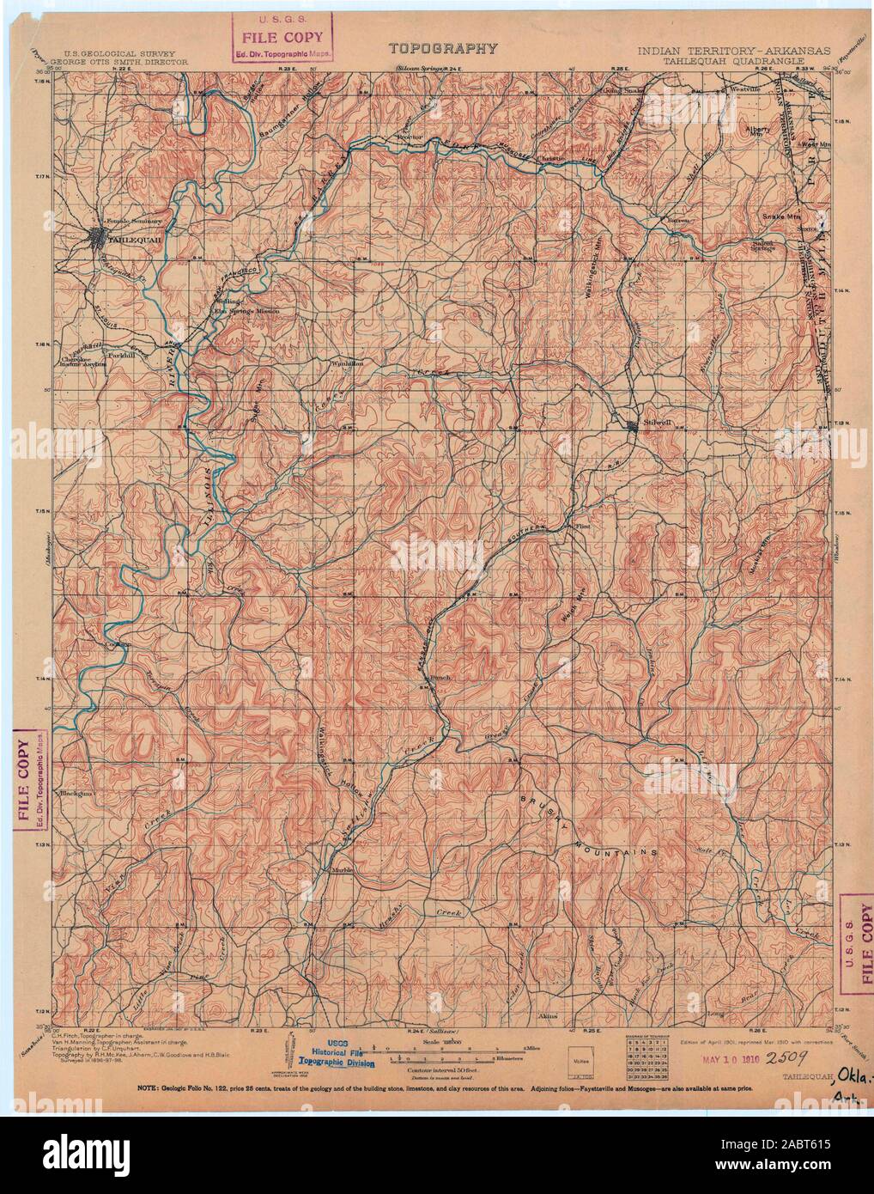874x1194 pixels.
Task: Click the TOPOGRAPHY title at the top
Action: pos(443,49)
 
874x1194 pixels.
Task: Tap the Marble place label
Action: pos(332,870)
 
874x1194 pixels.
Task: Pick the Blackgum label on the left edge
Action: pos(75,794)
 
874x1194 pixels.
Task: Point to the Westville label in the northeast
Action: pos(745,88)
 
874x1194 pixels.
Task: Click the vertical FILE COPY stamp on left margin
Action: pos(32,781)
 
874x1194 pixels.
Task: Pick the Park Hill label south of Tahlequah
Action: pos(118,354)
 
